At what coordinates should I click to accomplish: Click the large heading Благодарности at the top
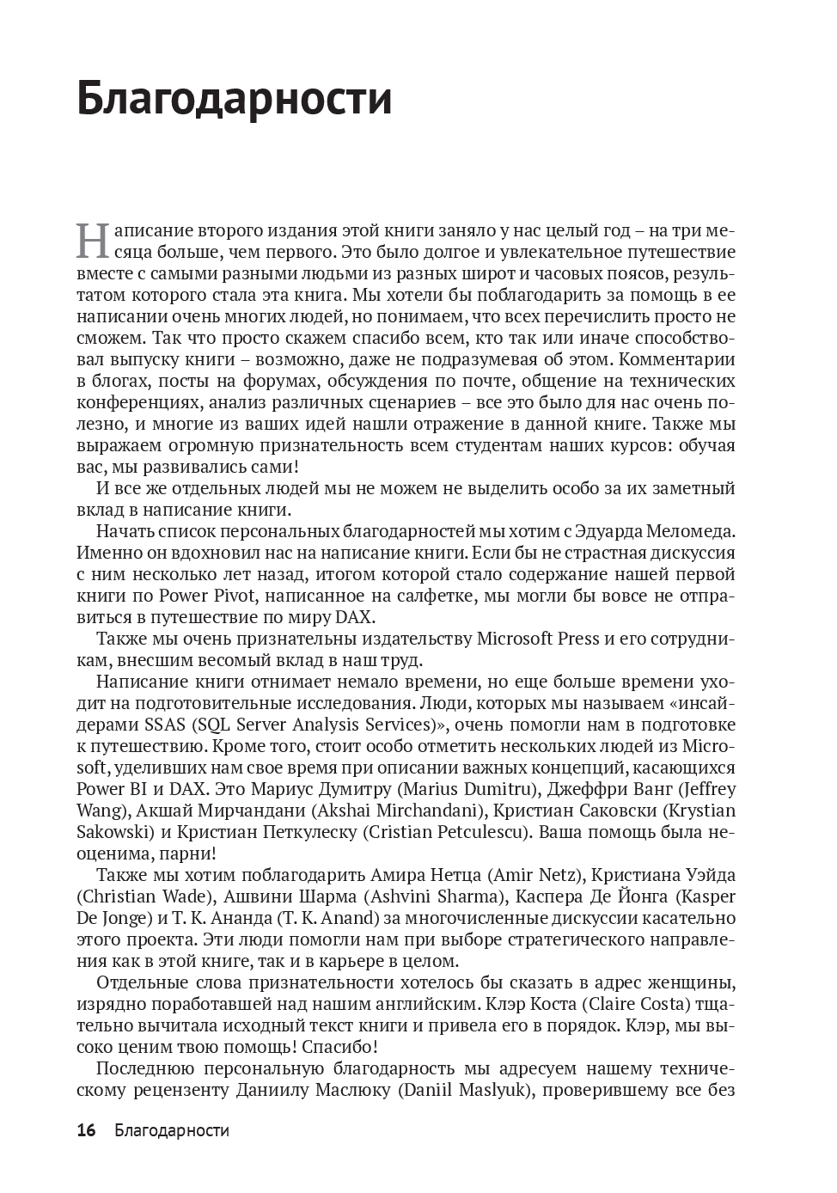pyautogui.click(x=235, y=99)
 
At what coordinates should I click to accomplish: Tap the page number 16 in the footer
pyautogui.click(x=86, y=1130)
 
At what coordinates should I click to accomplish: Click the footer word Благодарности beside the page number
pyautogui.click(x=172, y=1130)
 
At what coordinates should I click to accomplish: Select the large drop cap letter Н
pyautogui.click(x=92, y=240)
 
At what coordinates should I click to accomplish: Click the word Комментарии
pyautogui.click(x=676, y=359)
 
